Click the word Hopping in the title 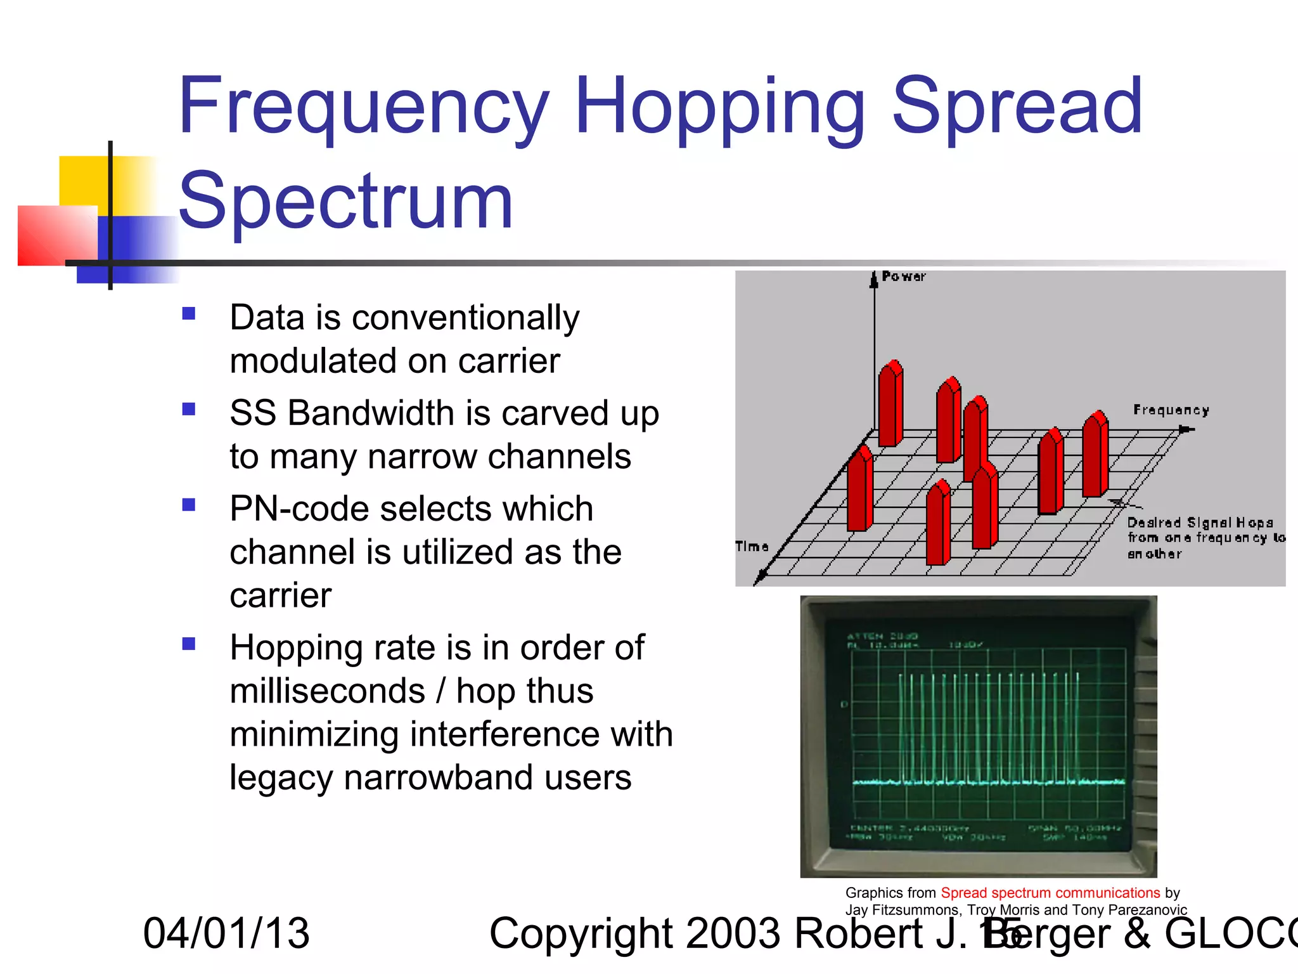pos(719,108)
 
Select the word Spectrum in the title pos(345,202)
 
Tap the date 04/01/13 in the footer pos(226,933)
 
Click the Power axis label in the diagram pos(903,276)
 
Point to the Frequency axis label pos(1171,410)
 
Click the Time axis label pos(752,547)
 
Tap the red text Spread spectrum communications pos(1050,893)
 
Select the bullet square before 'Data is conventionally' pos(188,314)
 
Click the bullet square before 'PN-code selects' pos(188,505)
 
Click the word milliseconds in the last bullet pos(327,691)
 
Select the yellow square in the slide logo pos(82,179)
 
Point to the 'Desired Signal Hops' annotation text pos(1200,523)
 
